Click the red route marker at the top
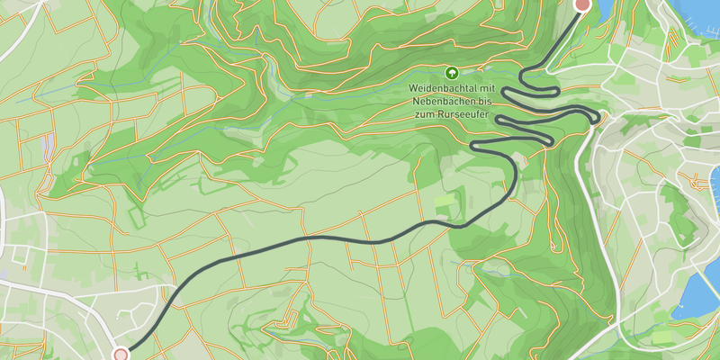pyautogui.click(x=582, y=4)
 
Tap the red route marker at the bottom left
pyautogui.click(x=121, y=355)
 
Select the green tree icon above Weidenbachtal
pyautogui.click(x=451, y=72)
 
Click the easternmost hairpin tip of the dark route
pyautogui.click(x=597, y=117)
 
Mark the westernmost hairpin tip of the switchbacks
pyautogui.click(x=474, y=145)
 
